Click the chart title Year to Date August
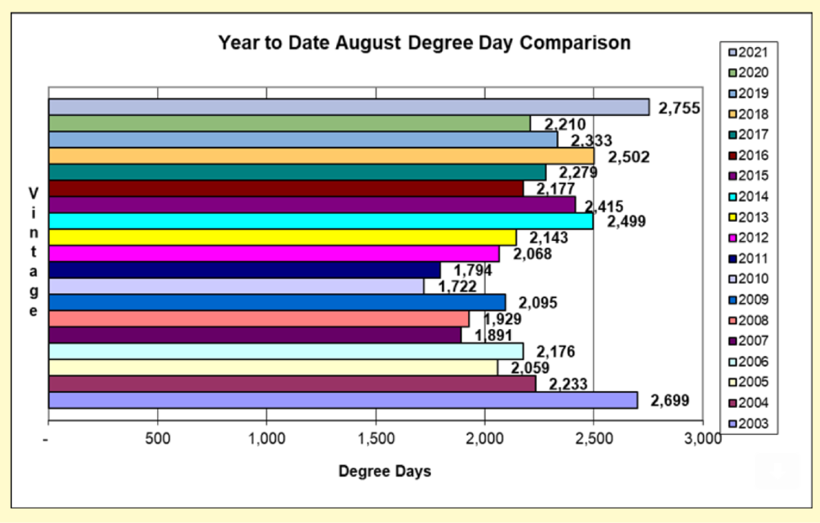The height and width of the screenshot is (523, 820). tap(424, 43)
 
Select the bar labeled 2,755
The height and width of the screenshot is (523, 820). tap(348, 107)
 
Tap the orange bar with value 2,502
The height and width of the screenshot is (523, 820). tap(321, 156)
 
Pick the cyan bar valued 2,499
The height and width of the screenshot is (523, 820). tap(320, 222)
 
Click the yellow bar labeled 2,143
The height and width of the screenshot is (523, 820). tap(282, 238)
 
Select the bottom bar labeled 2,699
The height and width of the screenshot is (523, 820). tap(343, 400)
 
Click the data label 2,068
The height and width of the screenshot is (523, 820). tap(531, 254)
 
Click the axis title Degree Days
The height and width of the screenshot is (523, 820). tap(385, 472)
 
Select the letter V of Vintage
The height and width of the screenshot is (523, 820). tap(34, 191)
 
